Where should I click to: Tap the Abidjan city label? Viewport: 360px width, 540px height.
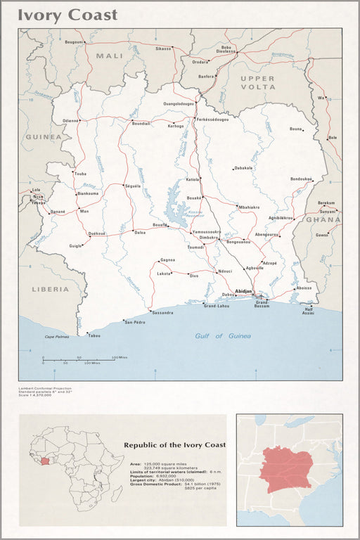coord(243,290)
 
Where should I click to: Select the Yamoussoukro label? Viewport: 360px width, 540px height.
coord(207,231)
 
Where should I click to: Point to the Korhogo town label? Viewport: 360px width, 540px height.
coord(175,126)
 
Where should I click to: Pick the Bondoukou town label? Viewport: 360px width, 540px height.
coord(301,179)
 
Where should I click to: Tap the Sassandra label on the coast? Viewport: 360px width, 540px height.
coord(162,312)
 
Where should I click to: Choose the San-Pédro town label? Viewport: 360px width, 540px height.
coord(134,322)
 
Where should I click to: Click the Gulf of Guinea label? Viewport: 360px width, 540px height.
coord(223,336)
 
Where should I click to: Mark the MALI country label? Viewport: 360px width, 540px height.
coord(109,56)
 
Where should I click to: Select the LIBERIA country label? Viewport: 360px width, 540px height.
coord(50,289)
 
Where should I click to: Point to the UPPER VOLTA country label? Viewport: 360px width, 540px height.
coord(258,82)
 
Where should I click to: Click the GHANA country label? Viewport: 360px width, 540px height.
coord(323,219)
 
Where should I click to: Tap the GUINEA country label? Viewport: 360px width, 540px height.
coord(43,137)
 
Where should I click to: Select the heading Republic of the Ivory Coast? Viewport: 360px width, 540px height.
coord(174,445)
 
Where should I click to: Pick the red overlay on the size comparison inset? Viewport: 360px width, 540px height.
coord(285,469)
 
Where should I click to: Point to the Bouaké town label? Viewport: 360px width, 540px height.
coord(194,198)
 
